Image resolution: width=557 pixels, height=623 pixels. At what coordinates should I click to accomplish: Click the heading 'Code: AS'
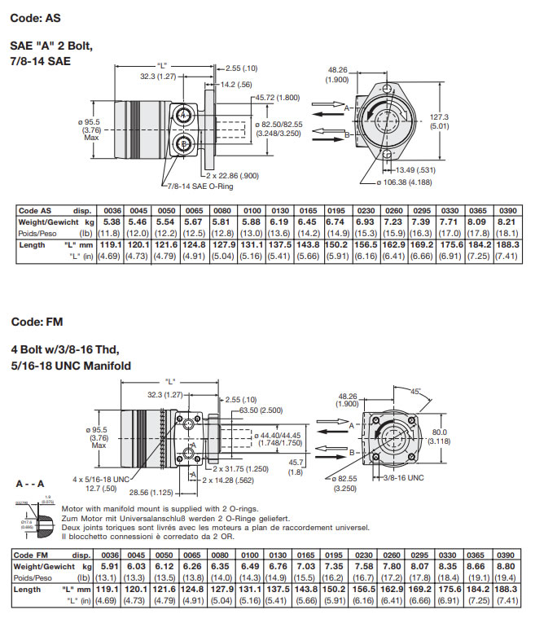pyautogui.click(x=36, y=17)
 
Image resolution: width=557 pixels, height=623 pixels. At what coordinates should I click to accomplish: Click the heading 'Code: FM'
pyautogui.click(x=37, y=322)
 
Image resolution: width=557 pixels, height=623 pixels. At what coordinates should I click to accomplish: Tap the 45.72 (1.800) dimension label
pyautogui.click(x=278, y=98)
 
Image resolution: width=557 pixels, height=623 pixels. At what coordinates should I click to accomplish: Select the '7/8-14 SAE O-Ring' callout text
pyautogui.click(x=197, y=185)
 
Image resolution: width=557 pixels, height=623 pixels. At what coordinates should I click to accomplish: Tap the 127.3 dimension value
pyautogui.click(x=440, y=117)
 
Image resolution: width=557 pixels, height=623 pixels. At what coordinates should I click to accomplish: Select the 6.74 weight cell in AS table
pyautogui.click(x=336, y=222)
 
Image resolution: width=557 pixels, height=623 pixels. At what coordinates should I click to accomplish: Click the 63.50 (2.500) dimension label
pyautogui.click(x=261, y=410)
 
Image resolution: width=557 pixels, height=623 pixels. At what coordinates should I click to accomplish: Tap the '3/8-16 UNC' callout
pyautogui.click(x=404, y=478)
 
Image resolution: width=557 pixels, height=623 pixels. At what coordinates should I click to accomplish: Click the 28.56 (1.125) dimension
pyautogui.click(x=151, y=492)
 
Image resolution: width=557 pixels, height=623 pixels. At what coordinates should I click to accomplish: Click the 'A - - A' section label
pyautogui.click(x=30, y=483)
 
